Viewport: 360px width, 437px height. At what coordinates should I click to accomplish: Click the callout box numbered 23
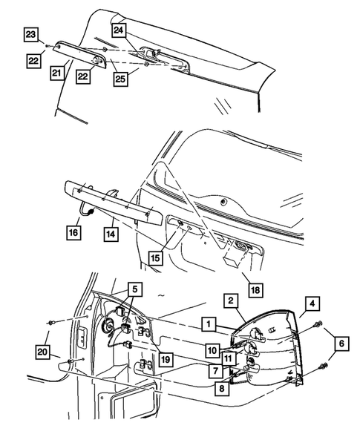click(30, 35)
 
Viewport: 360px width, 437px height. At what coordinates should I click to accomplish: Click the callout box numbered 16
click(73, 232)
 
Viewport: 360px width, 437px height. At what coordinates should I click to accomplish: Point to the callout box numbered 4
click(312, 303)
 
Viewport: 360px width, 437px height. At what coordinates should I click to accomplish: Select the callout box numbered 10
click(213, 349)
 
